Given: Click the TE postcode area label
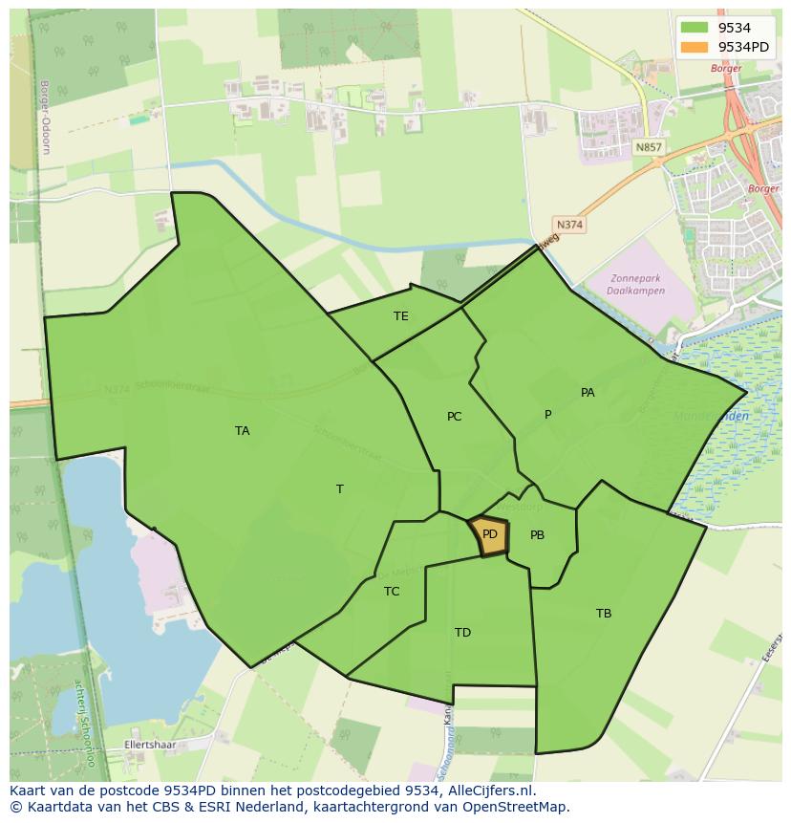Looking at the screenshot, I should [401, 316].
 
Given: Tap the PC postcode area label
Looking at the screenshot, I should [455, 417].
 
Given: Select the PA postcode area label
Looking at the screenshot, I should [588, 393].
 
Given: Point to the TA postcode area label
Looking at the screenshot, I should [243, 431].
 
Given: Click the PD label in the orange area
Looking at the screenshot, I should [490, 534].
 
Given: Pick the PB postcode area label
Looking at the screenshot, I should [537, 535].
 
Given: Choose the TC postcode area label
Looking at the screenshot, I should [392, 592].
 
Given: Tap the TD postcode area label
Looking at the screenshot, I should [462, 633].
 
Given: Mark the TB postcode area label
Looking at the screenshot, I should [604, 614].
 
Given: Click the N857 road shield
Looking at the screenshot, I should [648, 147].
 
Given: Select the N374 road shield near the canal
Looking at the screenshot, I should [569, 225].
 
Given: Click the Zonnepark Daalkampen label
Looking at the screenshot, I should [626, 285].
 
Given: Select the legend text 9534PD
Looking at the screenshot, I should [743, 47].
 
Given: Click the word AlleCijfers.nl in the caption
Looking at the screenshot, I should [490, 791].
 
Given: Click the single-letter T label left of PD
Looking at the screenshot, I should [340, 489].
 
